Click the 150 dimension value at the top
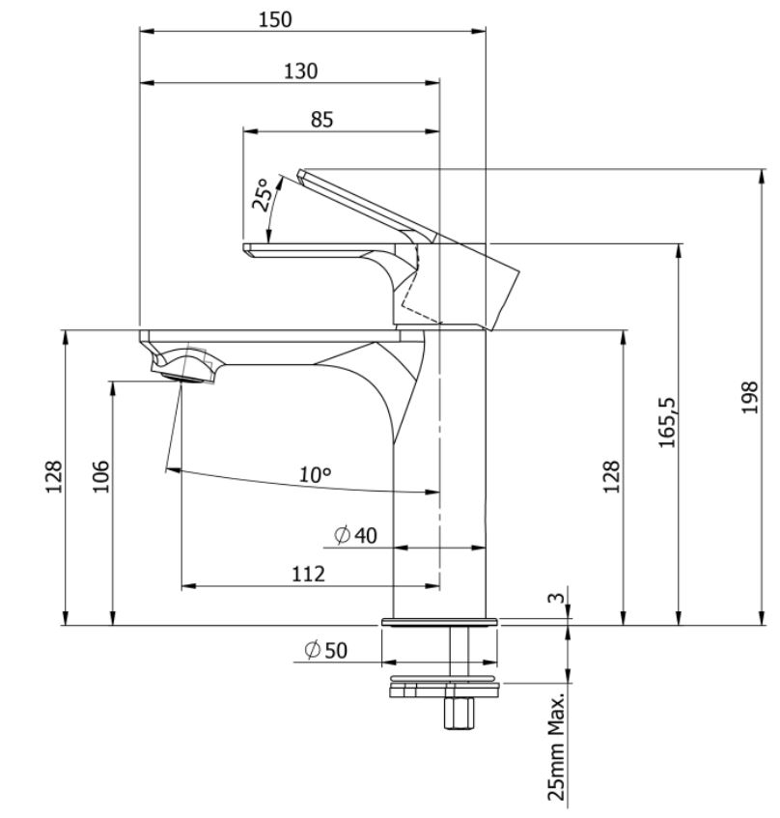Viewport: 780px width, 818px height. pos(275,20)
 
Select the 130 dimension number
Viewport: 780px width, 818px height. pos(300,71)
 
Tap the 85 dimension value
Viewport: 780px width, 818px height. pos(321,120)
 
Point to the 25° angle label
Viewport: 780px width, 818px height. pos(262,193)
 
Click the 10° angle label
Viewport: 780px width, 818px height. pos(316,475)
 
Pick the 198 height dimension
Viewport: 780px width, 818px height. pos(750,398)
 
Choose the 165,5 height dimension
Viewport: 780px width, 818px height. pos(667,422)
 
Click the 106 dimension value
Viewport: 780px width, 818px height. pos(100,476)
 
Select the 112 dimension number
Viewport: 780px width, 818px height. pos(308,574)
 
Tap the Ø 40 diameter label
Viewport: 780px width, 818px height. pos(355,535)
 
